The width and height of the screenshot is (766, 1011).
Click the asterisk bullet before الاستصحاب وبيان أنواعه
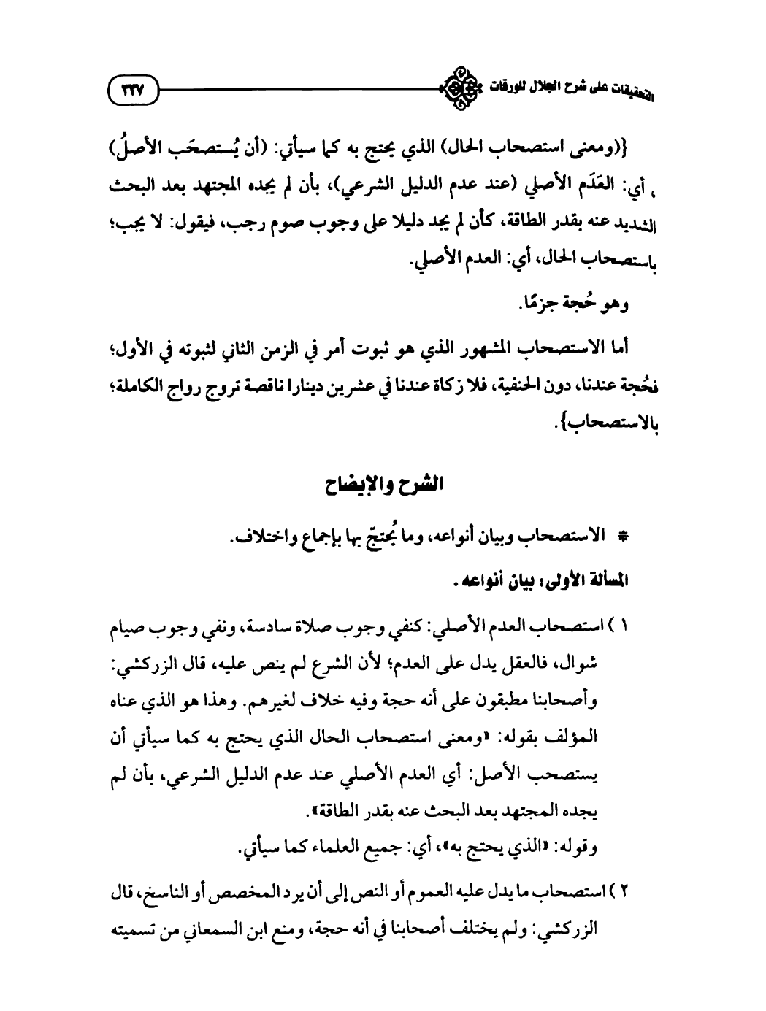626,538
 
